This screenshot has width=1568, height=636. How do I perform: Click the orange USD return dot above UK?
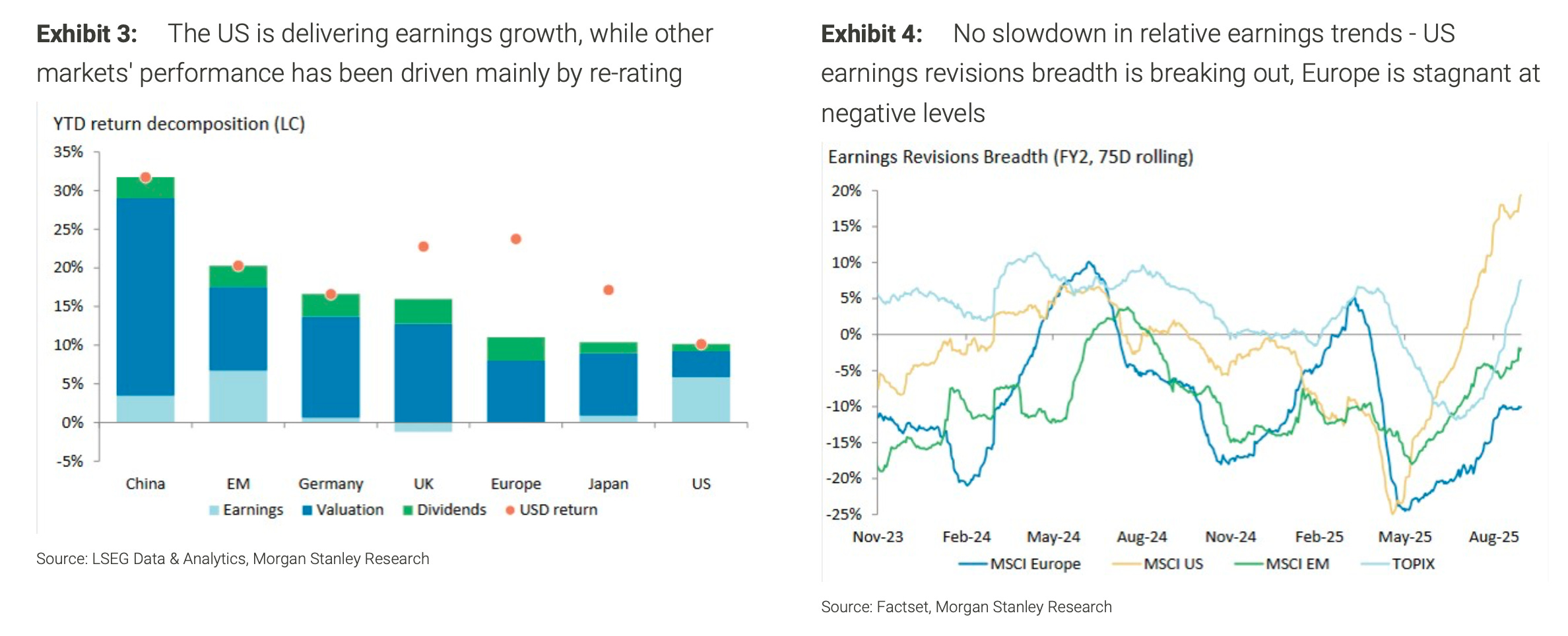click(x=424, y=247)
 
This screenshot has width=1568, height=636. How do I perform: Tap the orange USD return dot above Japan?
click(x=608, y=290)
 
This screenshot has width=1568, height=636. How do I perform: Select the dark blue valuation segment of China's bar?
click(x=145, y=297)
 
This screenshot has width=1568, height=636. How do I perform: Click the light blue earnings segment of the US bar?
click(x=701, y=399)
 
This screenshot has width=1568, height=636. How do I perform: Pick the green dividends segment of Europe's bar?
click(x=516, y=349)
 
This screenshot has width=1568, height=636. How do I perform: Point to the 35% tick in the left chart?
click(x=69, y=152)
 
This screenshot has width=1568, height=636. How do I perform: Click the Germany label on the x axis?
click(x=331, y=484)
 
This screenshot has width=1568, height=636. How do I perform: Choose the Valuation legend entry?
click(x=343, y=510)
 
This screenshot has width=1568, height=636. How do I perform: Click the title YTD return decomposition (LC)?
click(x=179, y=124)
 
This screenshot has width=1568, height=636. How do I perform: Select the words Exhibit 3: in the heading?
click(x=86, y=34)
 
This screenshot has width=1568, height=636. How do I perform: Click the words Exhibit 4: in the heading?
click(x=871, y=34)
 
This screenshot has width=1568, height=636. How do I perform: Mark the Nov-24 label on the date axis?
click(x=1230, y=537)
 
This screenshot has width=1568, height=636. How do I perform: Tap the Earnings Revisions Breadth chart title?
click(x=1010, y=157)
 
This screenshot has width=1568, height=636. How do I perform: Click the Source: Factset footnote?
click(x=966, y=607)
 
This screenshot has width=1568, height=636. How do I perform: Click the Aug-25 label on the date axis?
click(x=1493, y=537)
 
